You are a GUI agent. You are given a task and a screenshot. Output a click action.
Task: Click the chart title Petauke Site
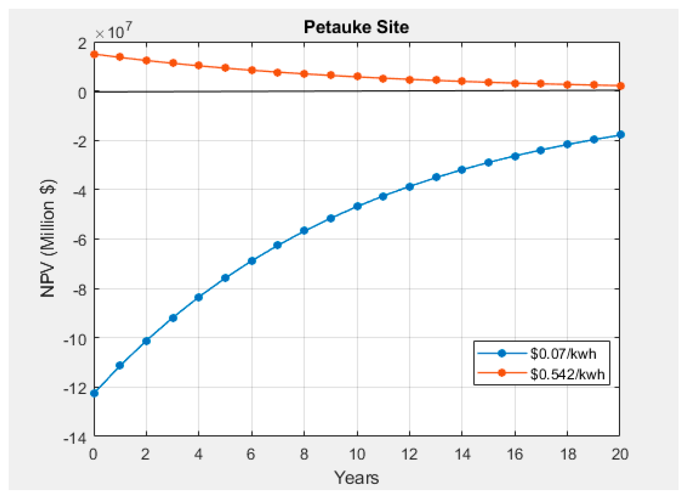[356, 27]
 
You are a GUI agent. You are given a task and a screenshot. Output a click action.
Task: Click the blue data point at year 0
[94, 393]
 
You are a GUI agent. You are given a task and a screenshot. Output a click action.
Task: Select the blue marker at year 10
[357, 206]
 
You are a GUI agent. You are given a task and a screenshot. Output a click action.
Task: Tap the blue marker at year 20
[620, 134]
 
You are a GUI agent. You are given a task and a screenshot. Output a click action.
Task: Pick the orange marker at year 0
[94, 54]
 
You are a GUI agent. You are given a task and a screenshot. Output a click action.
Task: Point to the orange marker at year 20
[620, 86]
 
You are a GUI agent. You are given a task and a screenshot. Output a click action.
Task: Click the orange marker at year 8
[304, 74]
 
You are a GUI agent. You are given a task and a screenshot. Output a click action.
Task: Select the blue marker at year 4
[199, 297]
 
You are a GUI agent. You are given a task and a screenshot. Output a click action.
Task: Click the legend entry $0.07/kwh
[563, 353]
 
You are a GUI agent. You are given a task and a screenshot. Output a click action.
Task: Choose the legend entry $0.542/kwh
[567, 374]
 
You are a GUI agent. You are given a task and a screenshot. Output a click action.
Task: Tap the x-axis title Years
[356, 478]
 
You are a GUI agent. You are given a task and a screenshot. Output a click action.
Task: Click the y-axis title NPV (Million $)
[49, 239]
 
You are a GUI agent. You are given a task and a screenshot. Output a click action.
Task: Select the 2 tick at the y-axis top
[82, 44]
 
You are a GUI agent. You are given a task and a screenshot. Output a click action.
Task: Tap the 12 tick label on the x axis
[410, 455]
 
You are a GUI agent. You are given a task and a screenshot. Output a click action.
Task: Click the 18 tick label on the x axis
[568, 455]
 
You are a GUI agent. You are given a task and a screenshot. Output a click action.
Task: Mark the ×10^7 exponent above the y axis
[114, 32]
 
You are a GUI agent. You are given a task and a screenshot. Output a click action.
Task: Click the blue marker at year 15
[489, 162]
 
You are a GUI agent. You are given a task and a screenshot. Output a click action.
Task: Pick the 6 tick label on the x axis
[251, 455]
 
